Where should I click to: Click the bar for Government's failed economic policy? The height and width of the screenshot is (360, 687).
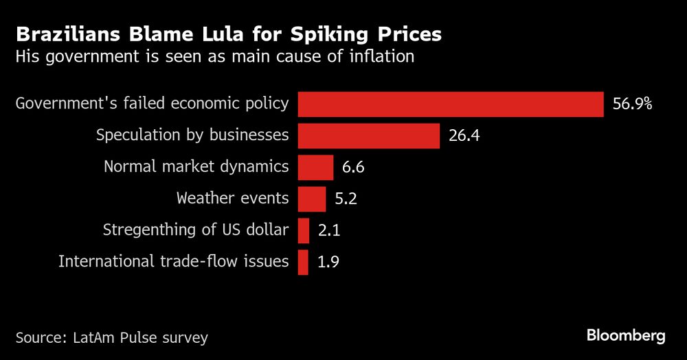450,104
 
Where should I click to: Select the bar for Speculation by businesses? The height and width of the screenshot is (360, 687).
368,135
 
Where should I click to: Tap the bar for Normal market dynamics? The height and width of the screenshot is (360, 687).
315,167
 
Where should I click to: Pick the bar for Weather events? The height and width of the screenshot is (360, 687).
311,199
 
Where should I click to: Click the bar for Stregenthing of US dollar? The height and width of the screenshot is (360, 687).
303,230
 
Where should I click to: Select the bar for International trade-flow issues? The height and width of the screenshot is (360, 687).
302,262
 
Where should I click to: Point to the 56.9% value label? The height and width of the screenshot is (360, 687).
631,104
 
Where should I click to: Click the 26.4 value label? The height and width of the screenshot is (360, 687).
464,135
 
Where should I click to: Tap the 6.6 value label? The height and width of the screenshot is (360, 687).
356,167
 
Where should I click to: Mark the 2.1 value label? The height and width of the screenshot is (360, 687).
329,231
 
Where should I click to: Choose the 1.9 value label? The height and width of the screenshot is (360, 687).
328,262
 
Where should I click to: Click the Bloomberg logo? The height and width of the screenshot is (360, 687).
626,336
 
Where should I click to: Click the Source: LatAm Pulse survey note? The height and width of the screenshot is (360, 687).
111,337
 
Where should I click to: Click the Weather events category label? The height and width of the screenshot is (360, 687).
232,199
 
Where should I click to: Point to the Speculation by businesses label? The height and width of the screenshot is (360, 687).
192,135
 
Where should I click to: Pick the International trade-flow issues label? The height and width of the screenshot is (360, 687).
173,262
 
